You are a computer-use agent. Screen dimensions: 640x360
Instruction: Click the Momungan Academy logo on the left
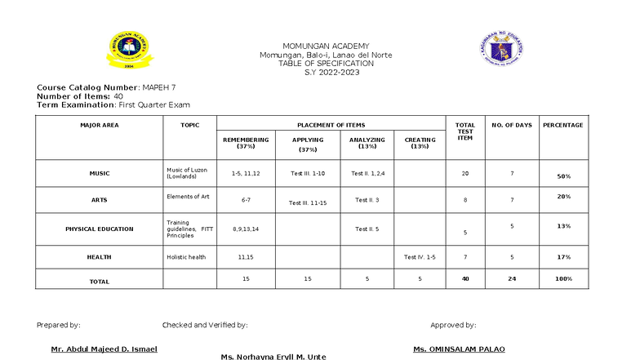pos(125,51)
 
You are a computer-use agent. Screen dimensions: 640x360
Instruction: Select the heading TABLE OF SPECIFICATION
pos(326,64)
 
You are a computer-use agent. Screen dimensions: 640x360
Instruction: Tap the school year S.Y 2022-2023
pos(325,73)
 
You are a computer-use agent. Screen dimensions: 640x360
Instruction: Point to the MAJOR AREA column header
pos(99,125)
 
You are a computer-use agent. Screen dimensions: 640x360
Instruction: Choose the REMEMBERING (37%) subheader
pos(246,143)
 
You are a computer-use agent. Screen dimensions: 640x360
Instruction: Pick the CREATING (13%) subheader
pos(420,143)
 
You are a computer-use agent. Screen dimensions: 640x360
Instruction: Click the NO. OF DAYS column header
pos(512,125)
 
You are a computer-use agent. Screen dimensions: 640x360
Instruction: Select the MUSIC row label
pos(99,173)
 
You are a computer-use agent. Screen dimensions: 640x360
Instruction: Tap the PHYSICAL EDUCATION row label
pos(99,229)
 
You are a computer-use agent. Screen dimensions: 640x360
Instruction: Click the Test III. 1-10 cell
pos(308,173)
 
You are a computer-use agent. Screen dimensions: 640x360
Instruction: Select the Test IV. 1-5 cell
pos(420,257)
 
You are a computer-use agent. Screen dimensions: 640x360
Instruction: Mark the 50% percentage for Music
pos(563,176)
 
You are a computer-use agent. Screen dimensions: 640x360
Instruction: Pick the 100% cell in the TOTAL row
pos(563,279)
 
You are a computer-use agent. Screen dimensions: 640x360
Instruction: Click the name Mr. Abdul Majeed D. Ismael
pos(104,349)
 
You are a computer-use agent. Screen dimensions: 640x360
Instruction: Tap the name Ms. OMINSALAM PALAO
pos(459,349)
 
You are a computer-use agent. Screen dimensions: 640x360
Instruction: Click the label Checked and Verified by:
pos(204,325)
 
